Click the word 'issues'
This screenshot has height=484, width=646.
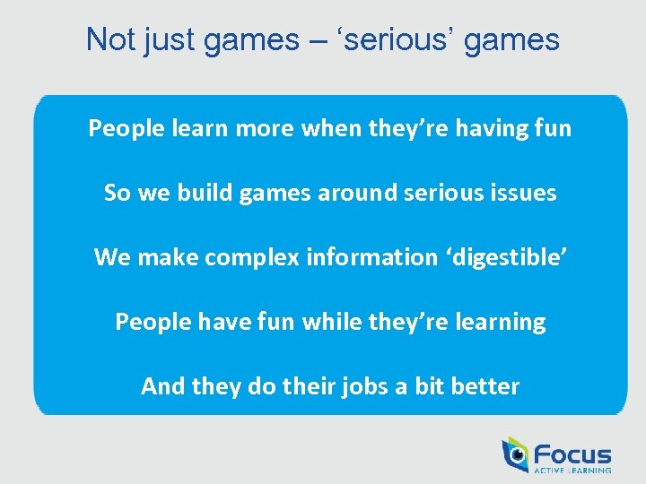pyautogui.click(x=527, y=193)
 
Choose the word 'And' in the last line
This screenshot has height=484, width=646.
pyautogui.click(x=162, y=386)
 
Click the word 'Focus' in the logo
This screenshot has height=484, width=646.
pyautogui.click(x=572, y=454)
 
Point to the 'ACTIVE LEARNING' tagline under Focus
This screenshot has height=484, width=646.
pyautogui.click(x=572, y=470)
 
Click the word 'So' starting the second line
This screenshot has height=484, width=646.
pyautogui.click(x=118, y=193)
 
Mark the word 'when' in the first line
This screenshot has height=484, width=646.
pyautogui.click(x=329, y=128)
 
